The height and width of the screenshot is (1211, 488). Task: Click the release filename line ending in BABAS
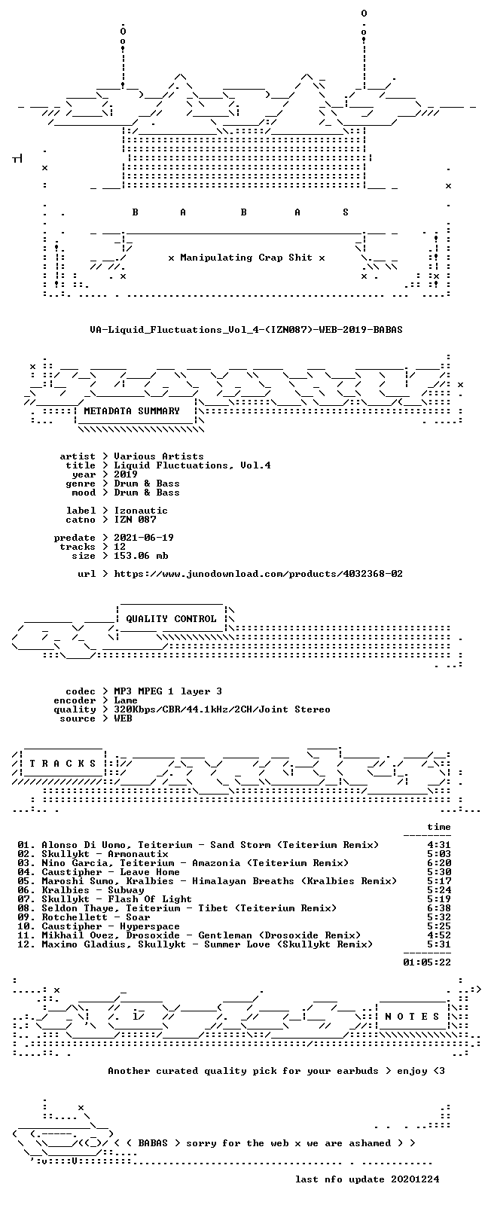(x=246, y=329)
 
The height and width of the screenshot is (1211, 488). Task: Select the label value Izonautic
(x=141, y=511)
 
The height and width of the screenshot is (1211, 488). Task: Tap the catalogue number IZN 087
(x=135, y=520)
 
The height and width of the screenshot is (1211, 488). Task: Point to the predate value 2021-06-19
(x=144, y=538)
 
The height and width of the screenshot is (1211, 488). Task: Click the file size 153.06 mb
(x=141, y=556)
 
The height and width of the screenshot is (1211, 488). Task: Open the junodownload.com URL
(x=258, y=574)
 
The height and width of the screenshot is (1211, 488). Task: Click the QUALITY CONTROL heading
(x=171, y=619)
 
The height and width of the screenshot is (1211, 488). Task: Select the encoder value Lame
(x=126, y=700)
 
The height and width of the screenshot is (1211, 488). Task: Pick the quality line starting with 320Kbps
(x=222, y=709)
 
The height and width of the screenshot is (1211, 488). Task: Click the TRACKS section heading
(x=63, y=764)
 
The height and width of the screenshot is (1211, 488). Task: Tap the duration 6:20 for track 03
(x=439, y=863)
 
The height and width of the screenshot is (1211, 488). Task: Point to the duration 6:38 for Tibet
(x=439, y=908)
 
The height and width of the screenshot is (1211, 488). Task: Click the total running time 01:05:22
(x=427, y=962)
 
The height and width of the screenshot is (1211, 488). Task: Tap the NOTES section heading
(x=412, y=1017)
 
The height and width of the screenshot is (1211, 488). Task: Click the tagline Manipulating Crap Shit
(x=246, y=258)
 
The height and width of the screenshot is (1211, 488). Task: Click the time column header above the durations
(x=439, y=827)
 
